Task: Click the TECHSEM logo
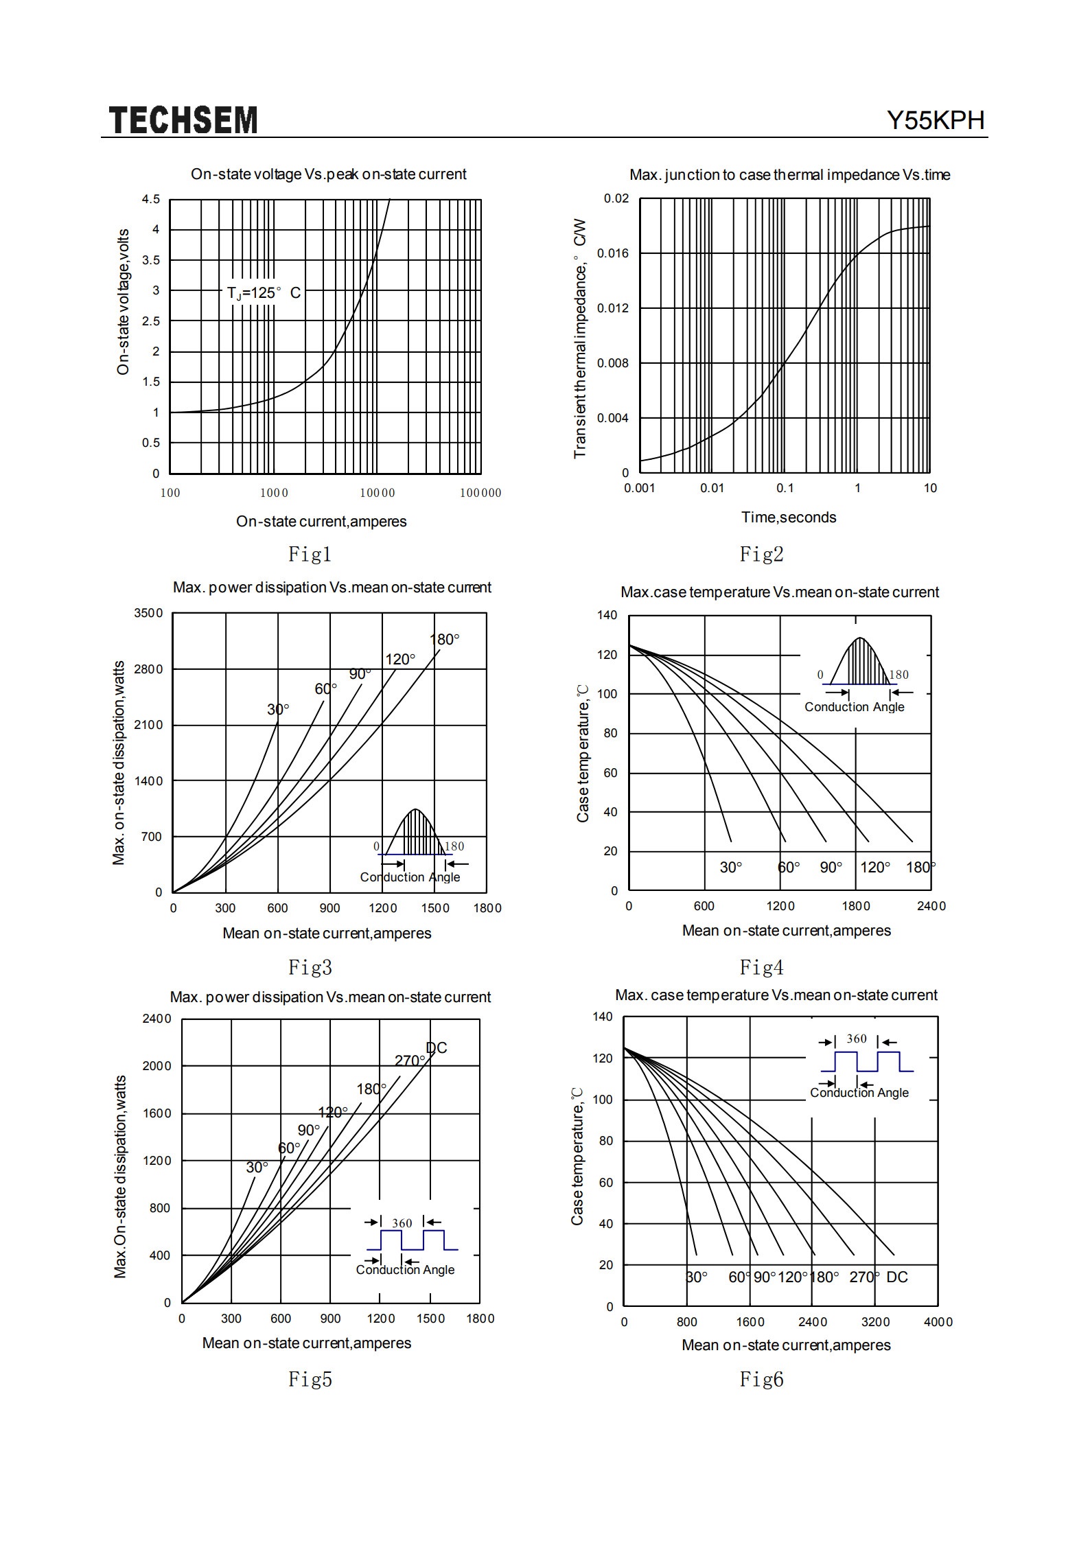coord(183,120)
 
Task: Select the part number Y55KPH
coord(936,121)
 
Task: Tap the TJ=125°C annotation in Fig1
coord(264,293)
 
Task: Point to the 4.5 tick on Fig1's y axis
coord(151,199)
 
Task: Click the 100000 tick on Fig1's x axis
coord(480,493)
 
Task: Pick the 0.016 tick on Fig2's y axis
coord(612,253)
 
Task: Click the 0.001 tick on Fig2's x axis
coord(639,488)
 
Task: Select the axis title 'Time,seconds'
coord(789,518)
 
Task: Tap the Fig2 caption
coord(761,554)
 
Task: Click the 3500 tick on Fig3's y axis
coord(148,613)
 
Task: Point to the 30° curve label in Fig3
coord(278,709)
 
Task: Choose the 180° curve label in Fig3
coord(444,640)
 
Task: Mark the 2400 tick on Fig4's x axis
coord(931,906)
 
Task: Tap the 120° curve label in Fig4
coord(875,867)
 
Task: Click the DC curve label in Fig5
coord(437,1048)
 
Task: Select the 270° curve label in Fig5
coord(410,1061)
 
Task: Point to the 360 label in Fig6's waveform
coord(857,1039)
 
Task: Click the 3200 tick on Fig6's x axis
coord(876,1322)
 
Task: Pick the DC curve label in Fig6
coord(897,1277)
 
